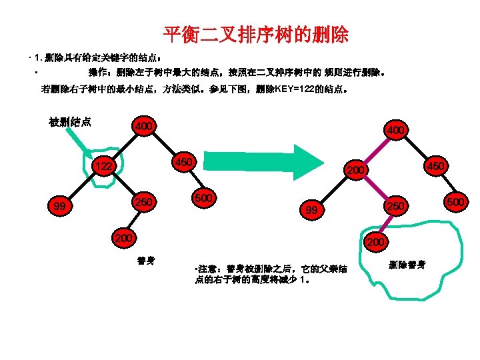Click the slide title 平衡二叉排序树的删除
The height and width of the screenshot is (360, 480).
256,34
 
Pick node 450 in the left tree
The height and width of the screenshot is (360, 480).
183,162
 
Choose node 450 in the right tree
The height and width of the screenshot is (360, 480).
437,165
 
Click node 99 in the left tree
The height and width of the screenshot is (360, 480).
60,207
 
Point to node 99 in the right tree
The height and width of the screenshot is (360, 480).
311,211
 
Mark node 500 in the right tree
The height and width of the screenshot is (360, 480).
456,201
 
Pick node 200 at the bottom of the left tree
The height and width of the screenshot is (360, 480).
125,237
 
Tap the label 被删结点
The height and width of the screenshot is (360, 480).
70,122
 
